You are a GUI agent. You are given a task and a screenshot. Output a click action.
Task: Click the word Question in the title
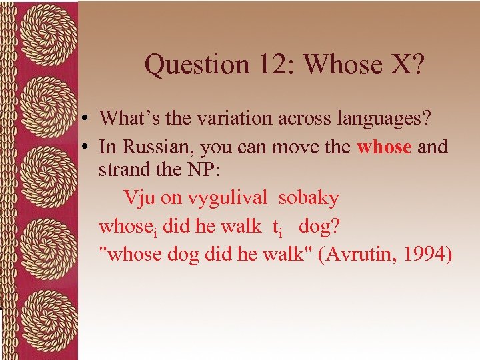coord(189,65)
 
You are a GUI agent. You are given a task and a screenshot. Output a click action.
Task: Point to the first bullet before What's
coord(87,119)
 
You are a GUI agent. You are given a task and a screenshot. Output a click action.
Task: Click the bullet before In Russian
coord(87,147)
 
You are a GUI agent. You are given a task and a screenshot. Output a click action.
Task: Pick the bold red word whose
coord(384,147)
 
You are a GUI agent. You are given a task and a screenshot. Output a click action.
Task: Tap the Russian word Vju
coord(137,198)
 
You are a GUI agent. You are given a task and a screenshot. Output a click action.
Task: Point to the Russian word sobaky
coord(309,198)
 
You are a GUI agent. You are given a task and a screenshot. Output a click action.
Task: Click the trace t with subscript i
coord(276,227)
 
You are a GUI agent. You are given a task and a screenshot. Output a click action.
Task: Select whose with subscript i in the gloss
coord(128,227)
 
